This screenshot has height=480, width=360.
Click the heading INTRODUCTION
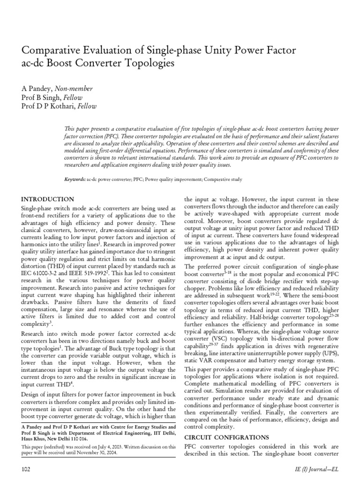coord(48,199)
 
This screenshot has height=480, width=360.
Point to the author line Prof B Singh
coord(42,97)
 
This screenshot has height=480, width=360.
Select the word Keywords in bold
coord(75,180)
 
